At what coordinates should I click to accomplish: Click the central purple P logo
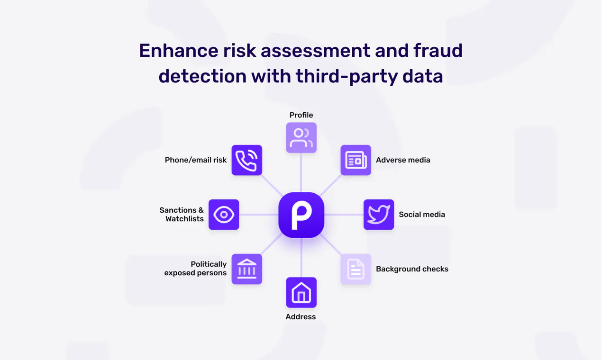[301, 215]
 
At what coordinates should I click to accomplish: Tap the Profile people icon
[301, 137]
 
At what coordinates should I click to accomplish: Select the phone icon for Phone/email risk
[246, 160]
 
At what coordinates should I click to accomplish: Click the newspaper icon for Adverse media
[356, 160]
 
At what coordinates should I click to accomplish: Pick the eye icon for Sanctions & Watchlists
[224, 215]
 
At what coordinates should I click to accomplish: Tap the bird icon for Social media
[379, 215]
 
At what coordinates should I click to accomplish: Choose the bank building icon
[246, 269]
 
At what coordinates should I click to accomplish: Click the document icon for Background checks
[356, 269]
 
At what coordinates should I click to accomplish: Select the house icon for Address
[301, 293]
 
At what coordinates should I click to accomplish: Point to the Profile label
[301, 115]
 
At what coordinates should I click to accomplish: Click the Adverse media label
[403, 160]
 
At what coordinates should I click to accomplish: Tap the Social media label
[422, 215]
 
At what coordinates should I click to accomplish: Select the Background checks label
[412, 269]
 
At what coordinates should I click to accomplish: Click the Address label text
[301, 317]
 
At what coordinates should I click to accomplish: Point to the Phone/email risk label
[196, 160]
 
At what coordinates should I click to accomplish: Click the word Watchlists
[184, 219]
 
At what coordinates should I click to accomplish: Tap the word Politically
[209, 264]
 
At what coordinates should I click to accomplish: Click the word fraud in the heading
[438, 51]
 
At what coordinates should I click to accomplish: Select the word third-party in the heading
[347, 77]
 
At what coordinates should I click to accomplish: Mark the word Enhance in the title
[179, 51]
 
